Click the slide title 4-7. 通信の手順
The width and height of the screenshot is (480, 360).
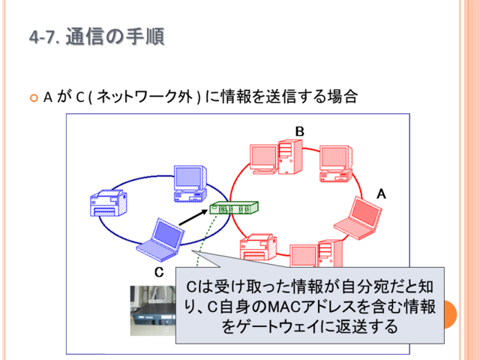97,37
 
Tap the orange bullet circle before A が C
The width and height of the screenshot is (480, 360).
34,98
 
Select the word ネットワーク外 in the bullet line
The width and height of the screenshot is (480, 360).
145,97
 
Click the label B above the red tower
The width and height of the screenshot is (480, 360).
300,131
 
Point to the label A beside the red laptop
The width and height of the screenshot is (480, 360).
381,193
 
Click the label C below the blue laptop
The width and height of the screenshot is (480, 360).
159,272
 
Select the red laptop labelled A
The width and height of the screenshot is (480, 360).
358,217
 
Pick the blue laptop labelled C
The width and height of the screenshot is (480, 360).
160,240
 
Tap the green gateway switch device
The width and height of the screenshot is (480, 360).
234,208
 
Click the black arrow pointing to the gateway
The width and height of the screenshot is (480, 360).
193,217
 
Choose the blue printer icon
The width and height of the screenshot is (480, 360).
109,203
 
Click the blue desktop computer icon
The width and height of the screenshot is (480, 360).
190,183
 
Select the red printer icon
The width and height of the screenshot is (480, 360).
258,247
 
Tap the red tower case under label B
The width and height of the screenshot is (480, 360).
290,157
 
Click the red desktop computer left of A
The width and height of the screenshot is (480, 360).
336,163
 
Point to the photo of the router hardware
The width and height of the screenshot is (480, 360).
153,310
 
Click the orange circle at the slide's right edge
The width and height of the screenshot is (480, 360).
451,314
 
